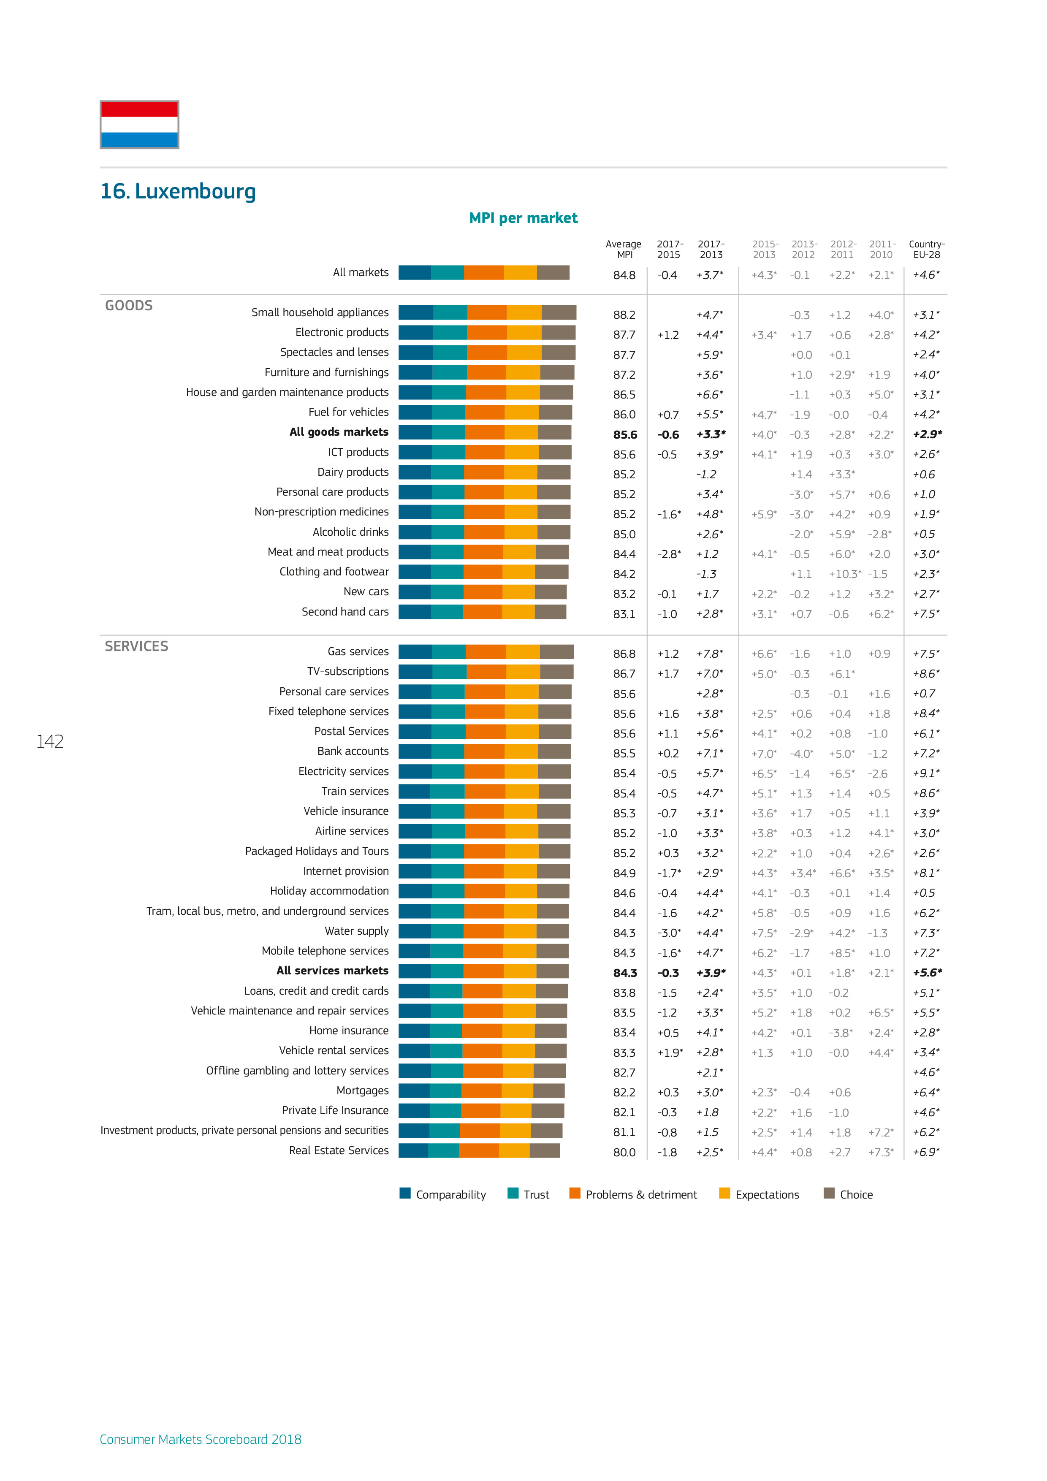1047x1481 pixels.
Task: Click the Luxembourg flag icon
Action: [x=139, y=125]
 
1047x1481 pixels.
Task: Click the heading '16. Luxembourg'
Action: [x=178, y=192]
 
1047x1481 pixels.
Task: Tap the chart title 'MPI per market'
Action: [x=523, y=218]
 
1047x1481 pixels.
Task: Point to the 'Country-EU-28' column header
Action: [x=926, y=249]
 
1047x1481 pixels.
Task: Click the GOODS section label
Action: [x=129, y=306]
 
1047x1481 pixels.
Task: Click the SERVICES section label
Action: [x=136, y=646]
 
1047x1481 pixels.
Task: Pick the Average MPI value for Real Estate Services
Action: [x=624, y=1152]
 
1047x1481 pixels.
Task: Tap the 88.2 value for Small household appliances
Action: [x=624, y=315]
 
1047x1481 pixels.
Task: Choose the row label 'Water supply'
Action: [x=357, y=931]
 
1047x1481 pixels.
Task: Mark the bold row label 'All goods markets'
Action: [x=339, y=432]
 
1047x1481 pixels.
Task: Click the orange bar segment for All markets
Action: [x=484, y=273]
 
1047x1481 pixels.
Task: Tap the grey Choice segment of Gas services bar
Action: [x=557, y=652]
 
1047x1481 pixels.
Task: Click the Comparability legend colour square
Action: [x=405, y=1193]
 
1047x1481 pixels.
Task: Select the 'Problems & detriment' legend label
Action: [x=641, y=1195]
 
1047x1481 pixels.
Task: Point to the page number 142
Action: [x=50, y=742]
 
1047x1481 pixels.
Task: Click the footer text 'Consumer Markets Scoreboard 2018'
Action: [x=201, y=1439]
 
